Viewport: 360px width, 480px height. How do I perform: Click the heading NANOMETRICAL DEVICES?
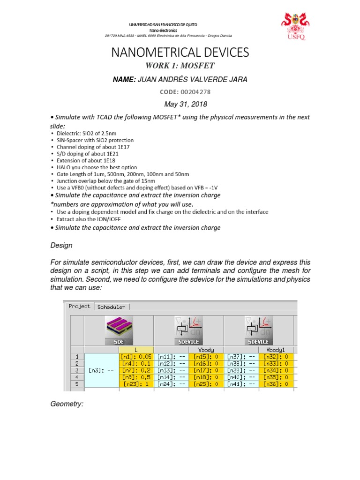click(x=180, y=52)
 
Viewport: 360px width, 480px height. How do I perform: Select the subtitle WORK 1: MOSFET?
click(x=180, y=66)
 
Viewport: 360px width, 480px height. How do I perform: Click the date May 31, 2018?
click(x=180, y=105)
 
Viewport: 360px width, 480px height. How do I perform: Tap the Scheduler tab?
click(x=111, y=307)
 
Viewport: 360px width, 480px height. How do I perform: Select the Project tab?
click(x=79, y=307)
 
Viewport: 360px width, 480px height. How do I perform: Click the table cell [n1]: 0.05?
click(x=136, y=356)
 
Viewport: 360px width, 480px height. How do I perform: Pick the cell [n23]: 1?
click(x=136, y=383)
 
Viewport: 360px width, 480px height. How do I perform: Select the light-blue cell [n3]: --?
click(x=102, y=370)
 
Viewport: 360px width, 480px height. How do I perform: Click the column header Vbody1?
click(x=277, y=350)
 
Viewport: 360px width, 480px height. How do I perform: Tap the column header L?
click(x=136, y=350)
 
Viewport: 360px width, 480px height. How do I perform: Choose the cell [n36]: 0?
click(x=277, y=383)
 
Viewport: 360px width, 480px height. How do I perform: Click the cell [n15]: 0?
click(x=207, y=356)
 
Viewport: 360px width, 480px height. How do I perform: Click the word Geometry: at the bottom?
click(x=67, y=404)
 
